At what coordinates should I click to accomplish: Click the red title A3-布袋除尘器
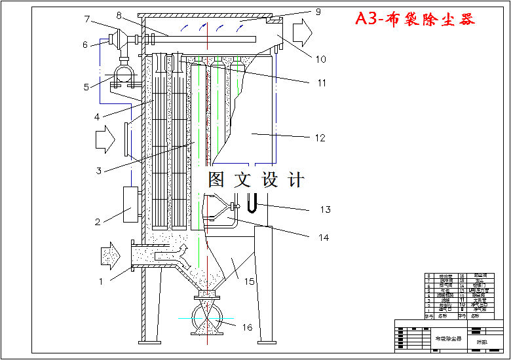point(415,19)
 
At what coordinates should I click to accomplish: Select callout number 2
point(98,222)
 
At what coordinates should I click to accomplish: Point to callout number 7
point(86,20)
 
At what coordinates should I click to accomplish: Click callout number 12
point(320,138)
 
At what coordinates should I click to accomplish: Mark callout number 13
point(326,210)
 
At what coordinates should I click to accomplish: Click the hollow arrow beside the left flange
point(105,139)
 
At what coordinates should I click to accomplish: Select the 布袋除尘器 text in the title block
point(449,339)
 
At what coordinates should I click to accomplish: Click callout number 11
point(322,83)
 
